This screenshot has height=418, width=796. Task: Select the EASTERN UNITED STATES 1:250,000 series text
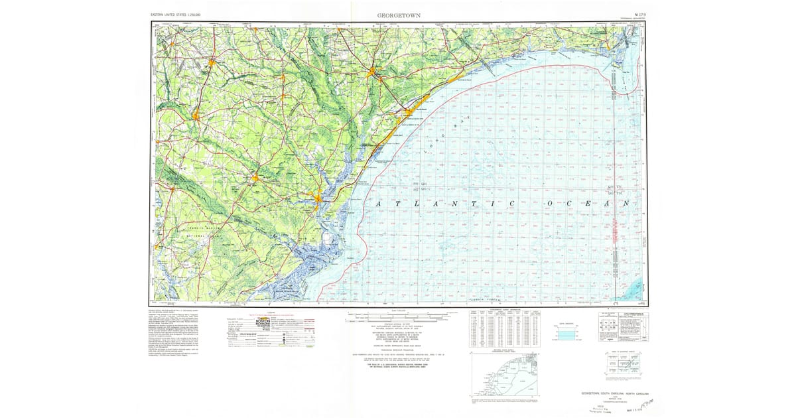pyautogui.click(x=176, y=14)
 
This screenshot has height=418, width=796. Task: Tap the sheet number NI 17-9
pyautogui.click(x=639, y=13)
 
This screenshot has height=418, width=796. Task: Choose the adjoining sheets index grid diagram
pyautogui.click(x=624, y=362)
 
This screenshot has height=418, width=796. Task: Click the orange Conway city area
pyautogui.click(x=376, y=72)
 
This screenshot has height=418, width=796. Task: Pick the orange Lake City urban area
pyautogui.click(x=210, y=64)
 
